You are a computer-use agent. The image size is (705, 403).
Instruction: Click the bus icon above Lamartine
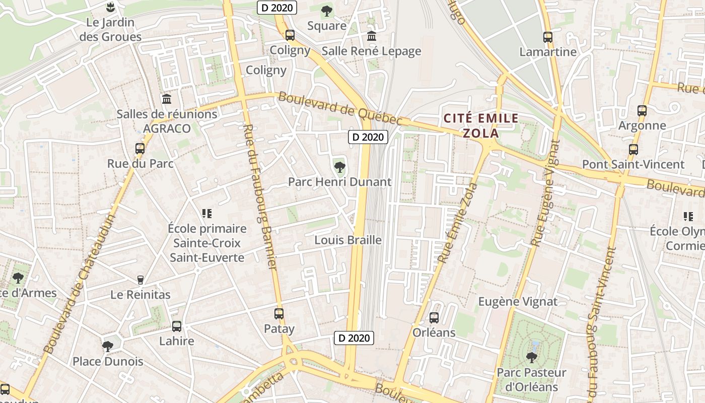547,37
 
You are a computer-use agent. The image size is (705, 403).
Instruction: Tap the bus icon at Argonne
642,110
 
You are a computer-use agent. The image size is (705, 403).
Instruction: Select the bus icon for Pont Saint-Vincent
633,149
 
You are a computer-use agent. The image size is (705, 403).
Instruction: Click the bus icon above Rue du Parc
140,149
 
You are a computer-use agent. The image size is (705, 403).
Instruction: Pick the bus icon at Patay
279,314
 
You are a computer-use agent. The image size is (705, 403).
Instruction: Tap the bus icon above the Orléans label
434,318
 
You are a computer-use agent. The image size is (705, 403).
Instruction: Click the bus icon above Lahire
176,326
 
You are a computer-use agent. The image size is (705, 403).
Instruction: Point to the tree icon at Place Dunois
107,346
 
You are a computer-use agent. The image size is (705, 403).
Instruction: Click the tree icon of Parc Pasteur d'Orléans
531,358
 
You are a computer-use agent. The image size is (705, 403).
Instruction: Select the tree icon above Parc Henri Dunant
339,166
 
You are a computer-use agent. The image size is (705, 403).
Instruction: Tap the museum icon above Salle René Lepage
372,36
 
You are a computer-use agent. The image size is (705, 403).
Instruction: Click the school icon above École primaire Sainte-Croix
206,214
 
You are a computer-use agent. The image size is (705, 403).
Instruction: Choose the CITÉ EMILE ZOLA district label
481,126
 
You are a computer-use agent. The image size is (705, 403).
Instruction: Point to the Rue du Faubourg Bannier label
260,196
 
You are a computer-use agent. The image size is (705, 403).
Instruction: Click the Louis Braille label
347,240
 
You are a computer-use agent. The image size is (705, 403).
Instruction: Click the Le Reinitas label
140,295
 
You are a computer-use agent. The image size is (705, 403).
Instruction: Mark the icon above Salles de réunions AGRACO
166,99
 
